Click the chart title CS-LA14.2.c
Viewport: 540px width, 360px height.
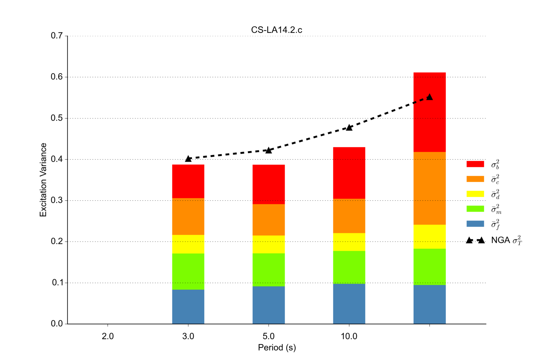[x=276, y=30]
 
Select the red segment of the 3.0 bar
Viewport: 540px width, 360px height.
[x=188, y=181]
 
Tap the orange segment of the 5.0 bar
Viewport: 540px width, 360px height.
[x=268, y=220]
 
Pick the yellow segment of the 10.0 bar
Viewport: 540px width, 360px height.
[x=349, y=242]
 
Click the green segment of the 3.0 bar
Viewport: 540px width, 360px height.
[x=188, y=271]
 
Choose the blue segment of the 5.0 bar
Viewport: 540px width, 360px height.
[x=268, y=305]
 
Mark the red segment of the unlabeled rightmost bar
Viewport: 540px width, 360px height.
[x=429, y=122]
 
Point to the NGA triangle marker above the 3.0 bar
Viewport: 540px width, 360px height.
[x=188, y=159]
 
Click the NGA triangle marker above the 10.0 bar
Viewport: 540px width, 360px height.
[x=349, y=127]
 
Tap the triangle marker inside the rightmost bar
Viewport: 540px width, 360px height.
[x=429, y=97]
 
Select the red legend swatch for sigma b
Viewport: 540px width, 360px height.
[x=475, y=164]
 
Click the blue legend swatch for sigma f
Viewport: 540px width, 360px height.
[x=475, y=224]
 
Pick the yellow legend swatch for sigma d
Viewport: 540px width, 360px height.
[x=475, y=194]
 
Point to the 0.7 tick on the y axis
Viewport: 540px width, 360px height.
[x=57, y=36]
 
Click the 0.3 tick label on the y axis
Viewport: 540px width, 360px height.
[x=57, y=200]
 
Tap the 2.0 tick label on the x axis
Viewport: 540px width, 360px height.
[x=108, y=336]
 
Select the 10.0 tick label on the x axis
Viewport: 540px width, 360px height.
[x=349, y=336]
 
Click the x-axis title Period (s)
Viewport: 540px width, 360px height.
[x=277, y=348]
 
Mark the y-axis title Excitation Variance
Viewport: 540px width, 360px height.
[x=43, y=180]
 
